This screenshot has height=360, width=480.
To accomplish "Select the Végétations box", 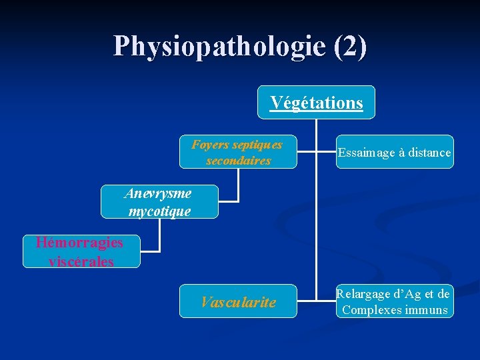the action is tap(316, 103).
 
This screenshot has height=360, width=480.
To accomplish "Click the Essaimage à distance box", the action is tap(395, 153).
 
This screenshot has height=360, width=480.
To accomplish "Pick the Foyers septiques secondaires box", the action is tap(238, 153).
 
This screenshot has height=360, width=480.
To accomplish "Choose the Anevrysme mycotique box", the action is tap(159, 202).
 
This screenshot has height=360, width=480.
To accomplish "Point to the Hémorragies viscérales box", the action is tap(81, 252).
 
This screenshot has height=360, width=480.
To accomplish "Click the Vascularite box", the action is tap(238, 301).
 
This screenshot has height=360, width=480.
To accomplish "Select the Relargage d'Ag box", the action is tap(395, 301).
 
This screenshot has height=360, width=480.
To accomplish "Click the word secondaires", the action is tap(238, 161).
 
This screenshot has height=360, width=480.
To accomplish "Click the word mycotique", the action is tap(159, 211).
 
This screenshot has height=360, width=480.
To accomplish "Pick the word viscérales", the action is tap(81, 261).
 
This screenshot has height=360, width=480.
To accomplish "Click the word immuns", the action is tap(426, 310).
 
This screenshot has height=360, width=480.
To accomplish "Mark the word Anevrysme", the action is tap(158, 193).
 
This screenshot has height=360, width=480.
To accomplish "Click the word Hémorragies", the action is tap(79, 242).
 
